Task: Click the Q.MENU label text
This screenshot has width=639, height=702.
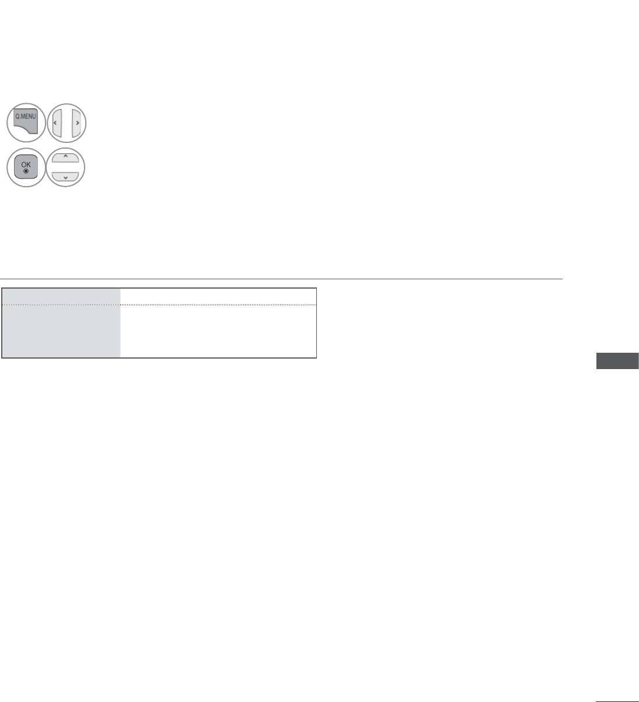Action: (26, 116)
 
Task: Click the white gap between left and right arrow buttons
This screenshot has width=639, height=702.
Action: (67, 123)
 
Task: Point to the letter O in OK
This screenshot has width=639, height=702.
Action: (23, 164)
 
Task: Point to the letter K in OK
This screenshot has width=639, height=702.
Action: (29, 164)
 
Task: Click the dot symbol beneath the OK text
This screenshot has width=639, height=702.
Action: (26, 171)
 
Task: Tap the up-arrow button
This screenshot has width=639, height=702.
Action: (65, 158)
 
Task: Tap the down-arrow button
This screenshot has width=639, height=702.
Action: (65, 177)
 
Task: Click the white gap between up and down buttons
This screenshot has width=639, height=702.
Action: (65, 167)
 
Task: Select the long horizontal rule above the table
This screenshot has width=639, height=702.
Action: (281, 279)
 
